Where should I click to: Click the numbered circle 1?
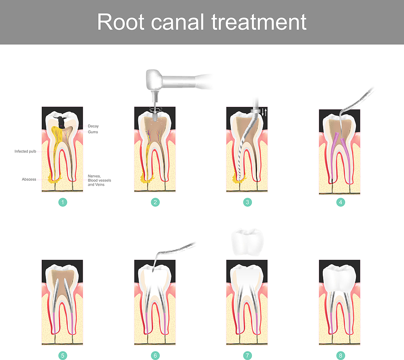point(63,202)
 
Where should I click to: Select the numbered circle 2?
point(155,202)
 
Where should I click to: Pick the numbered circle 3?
point(247,202)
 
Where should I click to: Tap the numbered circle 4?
point(341,202)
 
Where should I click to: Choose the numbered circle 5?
point(63,356)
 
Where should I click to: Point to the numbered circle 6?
point(155,356)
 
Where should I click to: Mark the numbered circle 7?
point(247,356)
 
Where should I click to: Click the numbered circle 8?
point(341,356)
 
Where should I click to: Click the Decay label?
point(93,126)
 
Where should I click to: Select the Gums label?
point(93,132)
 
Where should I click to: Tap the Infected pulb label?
point(25,151)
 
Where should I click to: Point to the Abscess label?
point(29,179)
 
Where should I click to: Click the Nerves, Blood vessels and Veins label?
point(99,180)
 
